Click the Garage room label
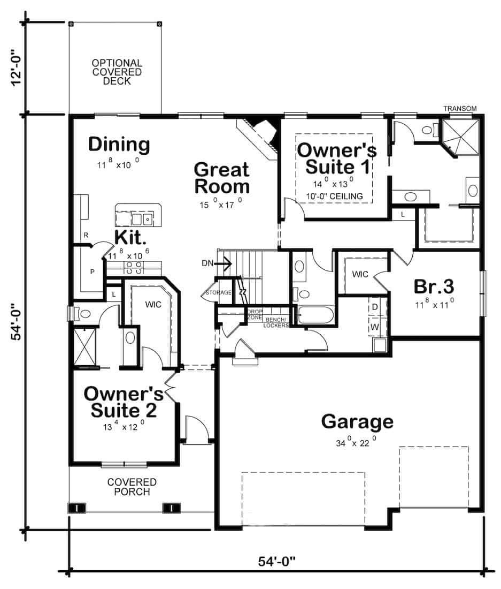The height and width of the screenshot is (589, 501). click(357, 421)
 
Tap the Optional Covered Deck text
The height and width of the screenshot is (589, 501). click(117, 72)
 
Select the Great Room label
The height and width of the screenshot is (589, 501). click(221, 178)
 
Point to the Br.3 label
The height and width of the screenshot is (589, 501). click(434, 286)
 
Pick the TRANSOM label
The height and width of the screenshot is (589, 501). click(460, 109)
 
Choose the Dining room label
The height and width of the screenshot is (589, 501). click(119, 145)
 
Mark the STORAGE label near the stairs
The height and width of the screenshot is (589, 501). click(219, 293)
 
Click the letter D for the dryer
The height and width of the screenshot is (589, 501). click(375, 307)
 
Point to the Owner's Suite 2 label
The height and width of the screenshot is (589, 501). click(124, 402)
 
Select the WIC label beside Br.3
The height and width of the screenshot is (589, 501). click(360, 274)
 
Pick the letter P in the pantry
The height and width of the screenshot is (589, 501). click(92, 271)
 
